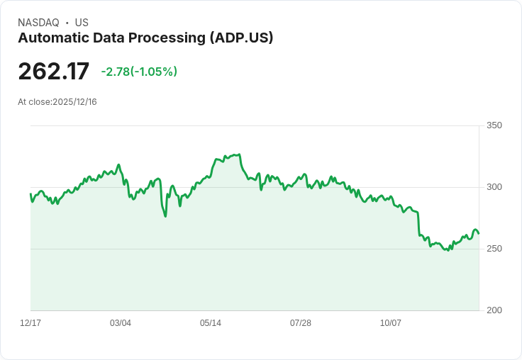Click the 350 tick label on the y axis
click(494, 125)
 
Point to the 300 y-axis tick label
click(494, 187)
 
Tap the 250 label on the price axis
click(494, 249)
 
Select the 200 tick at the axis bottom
click(494, 310)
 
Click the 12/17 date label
click(30, 323)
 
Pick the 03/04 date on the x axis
click(121, 323)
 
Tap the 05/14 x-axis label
click(211, 323)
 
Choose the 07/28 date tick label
click(301, 323)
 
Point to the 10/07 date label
click(391, 323)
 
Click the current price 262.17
click(54, 72)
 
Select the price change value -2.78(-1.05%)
click(139, 72)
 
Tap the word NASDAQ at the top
click(39, 23)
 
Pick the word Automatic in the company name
click(50, 38)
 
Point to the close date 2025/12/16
click(74, 102)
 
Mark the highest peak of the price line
click(240, 154)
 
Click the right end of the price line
click(479, 233)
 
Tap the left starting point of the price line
click(30, 194)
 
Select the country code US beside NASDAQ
click(81, 23)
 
